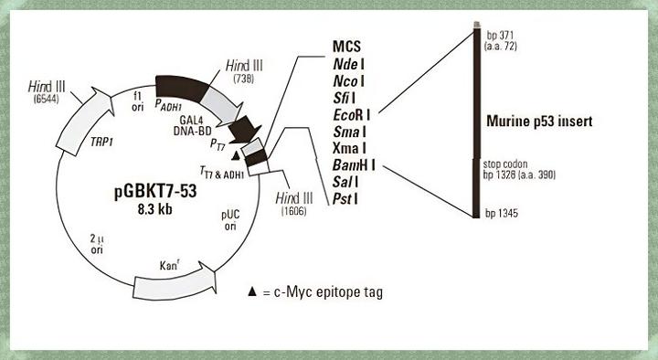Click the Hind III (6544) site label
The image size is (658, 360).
(x=43, y=90)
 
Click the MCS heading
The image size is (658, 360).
(x=347, y=46)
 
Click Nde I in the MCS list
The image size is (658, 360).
(x=348, y=63)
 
